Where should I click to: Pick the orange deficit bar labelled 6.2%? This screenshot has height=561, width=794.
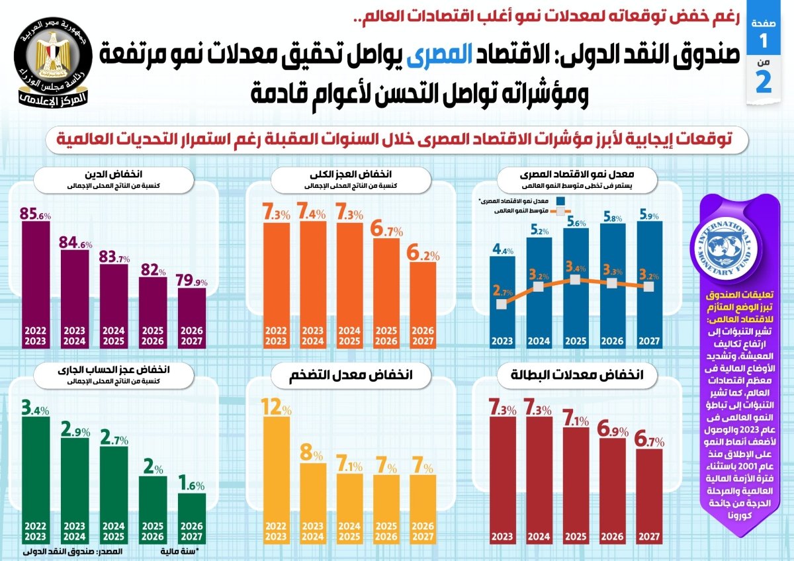coord(422,304)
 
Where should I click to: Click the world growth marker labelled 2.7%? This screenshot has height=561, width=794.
coord(502,304)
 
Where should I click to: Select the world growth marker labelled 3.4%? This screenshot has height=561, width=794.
coord(576,279)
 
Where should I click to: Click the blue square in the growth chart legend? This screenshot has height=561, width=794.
coord(560,200)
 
